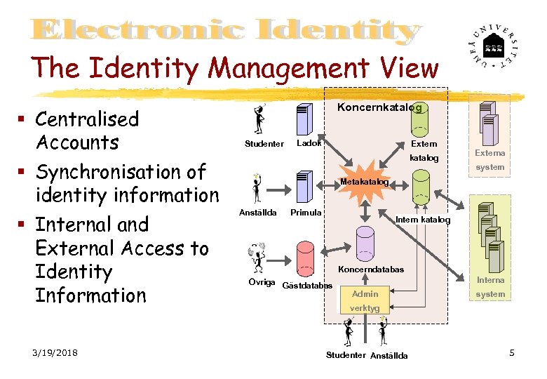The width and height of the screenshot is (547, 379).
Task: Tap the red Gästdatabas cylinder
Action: tap(304, 258)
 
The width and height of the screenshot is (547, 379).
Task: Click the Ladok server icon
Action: tap(304, 119)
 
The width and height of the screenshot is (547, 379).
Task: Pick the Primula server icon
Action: tap(304, 186)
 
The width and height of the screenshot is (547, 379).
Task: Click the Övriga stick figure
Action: tap(257, 258)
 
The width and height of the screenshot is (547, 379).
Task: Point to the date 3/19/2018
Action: tap(55, 352)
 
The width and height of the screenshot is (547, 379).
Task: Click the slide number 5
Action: tap(512, 352)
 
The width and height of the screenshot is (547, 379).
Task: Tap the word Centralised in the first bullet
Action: tap(87, 119)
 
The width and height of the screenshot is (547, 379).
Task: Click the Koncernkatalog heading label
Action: tap(379, 107)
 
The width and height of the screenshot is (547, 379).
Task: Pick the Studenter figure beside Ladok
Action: tap(261, 119)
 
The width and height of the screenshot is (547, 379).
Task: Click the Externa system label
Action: tap(489, 159)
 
